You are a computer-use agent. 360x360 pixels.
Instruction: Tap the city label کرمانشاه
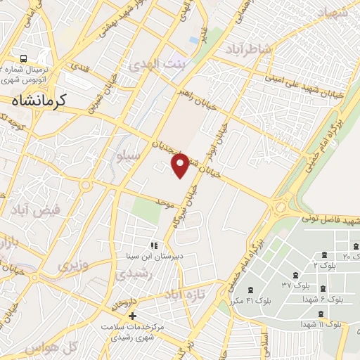(x=39, y=101)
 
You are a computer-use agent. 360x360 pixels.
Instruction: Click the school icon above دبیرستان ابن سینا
(x=153, y=245)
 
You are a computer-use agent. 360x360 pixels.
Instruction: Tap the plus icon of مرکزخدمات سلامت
(x=131, y=316)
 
